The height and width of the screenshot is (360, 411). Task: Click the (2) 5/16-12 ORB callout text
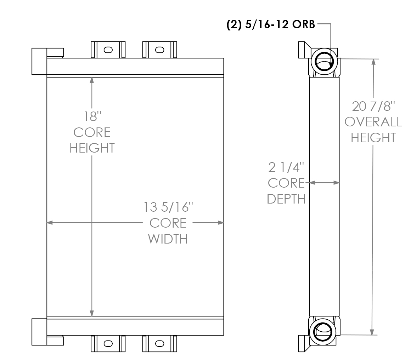pos(270,26)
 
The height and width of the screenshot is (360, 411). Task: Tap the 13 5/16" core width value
pos(168,207)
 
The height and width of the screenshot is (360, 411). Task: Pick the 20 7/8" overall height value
pos(373,105)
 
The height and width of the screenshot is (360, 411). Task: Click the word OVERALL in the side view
pos(373,122)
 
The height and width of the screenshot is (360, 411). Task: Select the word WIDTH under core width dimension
pos(168,239)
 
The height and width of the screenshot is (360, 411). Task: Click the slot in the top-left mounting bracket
pos(108,50)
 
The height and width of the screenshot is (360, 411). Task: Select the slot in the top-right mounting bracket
pos(159,50)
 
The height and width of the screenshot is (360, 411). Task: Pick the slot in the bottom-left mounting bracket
pos(108,343)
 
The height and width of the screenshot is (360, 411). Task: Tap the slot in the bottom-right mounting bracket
pos(159,343)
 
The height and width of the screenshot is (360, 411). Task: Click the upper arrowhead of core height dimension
pos(92,80)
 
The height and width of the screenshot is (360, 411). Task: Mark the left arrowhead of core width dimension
pos(50,223)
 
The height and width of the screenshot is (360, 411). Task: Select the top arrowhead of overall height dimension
pos(373,62)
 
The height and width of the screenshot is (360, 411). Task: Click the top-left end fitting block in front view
pos(39,61)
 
